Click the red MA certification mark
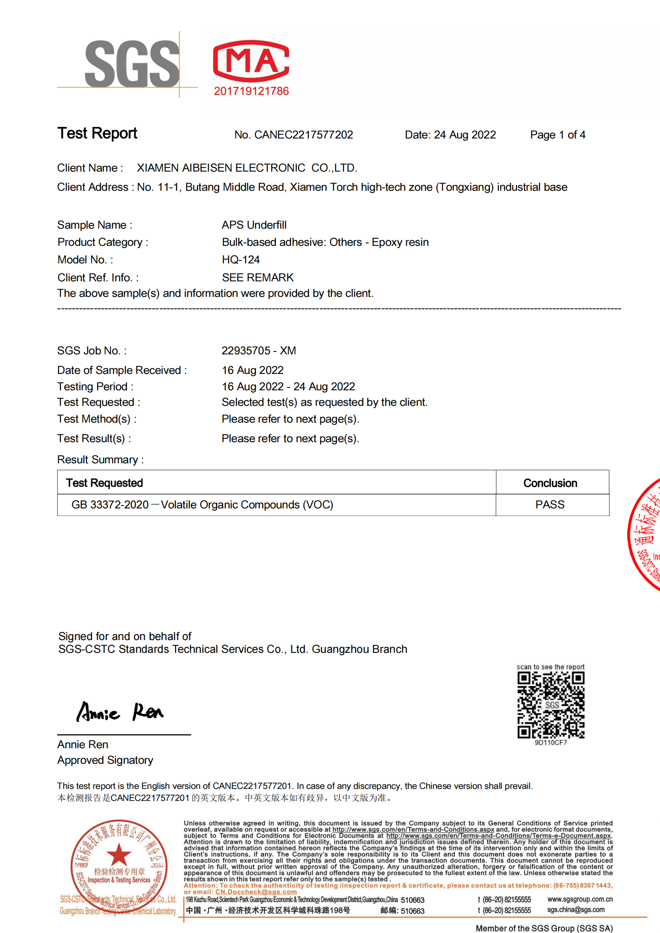click(x=251, y=61)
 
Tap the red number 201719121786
click(x=251, y=91)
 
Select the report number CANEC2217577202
click(x=303, y=135)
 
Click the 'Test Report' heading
click(x=97, y=133)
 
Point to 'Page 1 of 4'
click(x=557, y=135)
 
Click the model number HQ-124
click(x=241, y=260)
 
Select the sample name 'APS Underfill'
click(x=254, y=225)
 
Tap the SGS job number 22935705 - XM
click(x=259, y=351)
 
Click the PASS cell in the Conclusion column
click(x=550, y=505)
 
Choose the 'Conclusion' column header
click(x=550, y=483)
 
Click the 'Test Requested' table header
click(x=105, y=483)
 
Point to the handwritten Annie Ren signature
click(x=120, y=712)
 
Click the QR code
click(x=551, y=705)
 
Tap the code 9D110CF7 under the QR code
click(x=551, y=742)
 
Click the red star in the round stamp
click(x=119, y=854)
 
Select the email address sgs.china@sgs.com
click(x=575, y=909)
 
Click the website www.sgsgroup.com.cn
click(x=579, y=899)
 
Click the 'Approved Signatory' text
click(x=105, y=760)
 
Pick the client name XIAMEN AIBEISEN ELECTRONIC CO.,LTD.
click(x=247, y=168)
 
